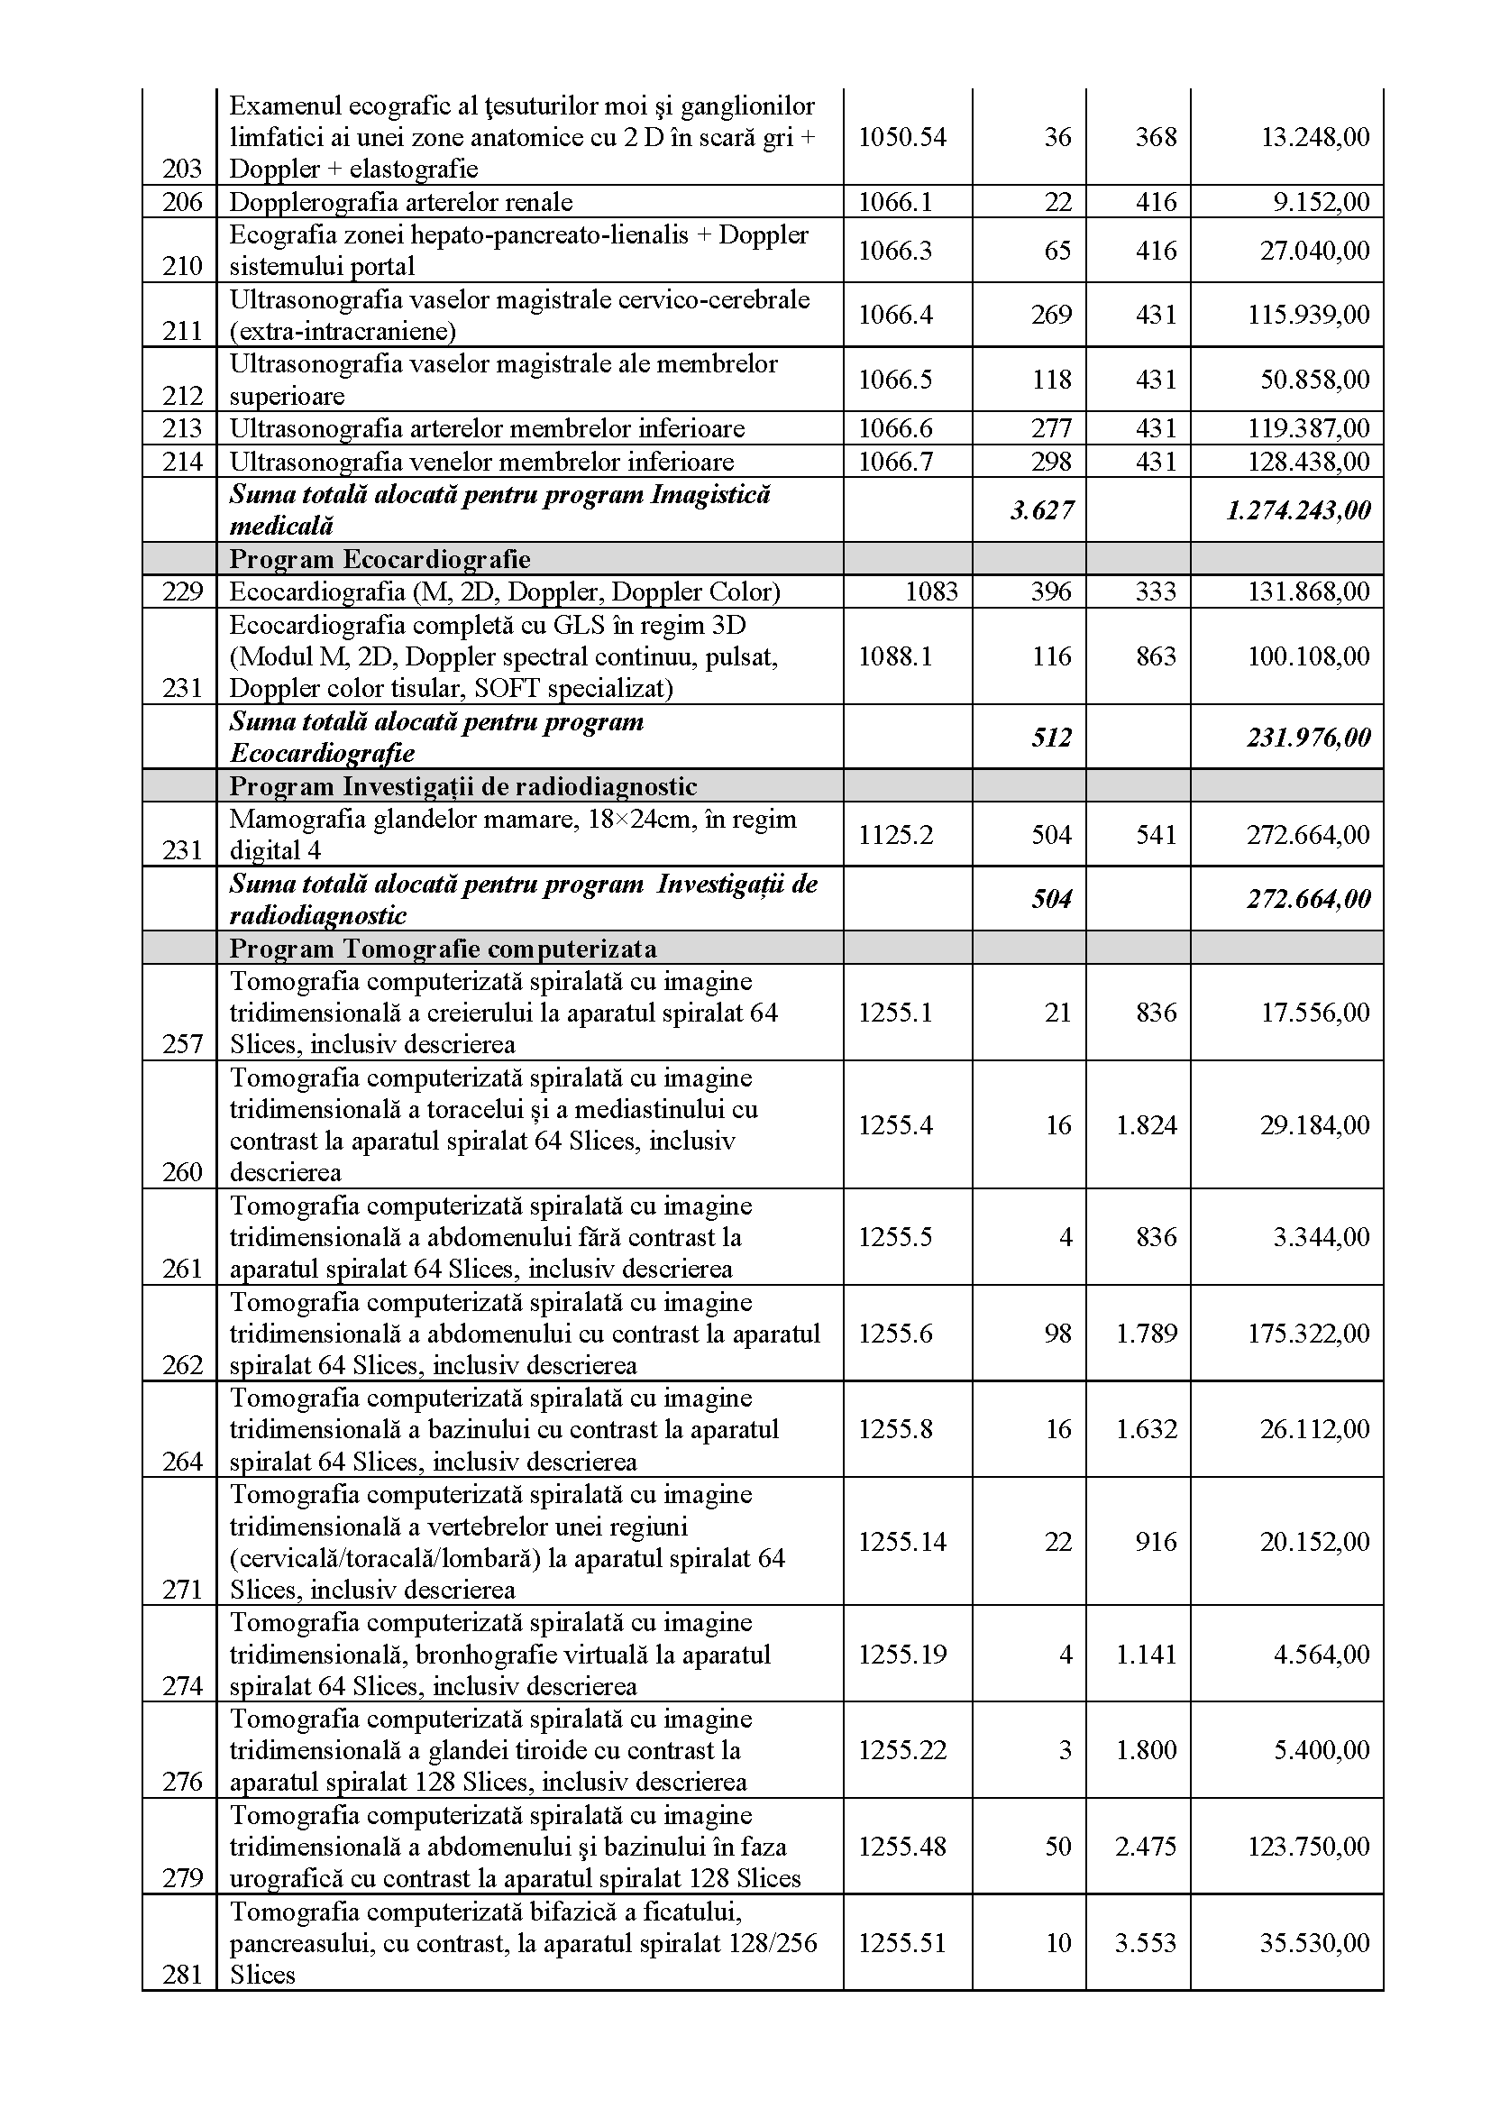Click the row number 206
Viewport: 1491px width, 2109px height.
[182, 202]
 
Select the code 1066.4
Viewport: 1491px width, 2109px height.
[895, 315]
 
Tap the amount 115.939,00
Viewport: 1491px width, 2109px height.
[1307, 315]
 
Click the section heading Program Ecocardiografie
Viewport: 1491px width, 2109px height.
[380, 558]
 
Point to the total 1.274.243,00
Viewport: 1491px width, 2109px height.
[1297, 509]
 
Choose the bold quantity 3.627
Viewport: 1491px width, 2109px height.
[1041, 509]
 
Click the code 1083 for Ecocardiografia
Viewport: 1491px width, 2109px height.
[931, 591]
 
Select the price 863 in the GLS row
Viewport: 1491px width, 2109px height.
[1155, 656]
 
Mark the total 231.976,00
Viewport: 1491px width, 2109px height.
[1307, 738]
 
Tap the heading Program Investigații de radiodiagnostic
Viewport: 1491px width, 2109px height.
[462, 786]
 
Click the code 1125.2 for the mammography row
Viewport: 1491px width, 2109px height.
[895, 834]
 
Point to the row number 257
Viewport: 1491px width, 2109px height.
[182, 1043]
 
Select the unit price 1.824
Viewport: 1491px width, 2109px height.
[1146, 1125]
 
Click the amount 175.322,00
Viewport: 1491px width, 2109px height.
[1307, 1333]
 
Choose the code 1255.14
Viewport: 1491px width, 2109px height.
[902, 1541]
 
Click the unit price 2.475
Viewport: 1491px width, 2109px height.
[1146, 1847]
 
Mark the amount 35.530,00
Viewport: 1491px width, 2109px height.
[1314, 1943]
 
